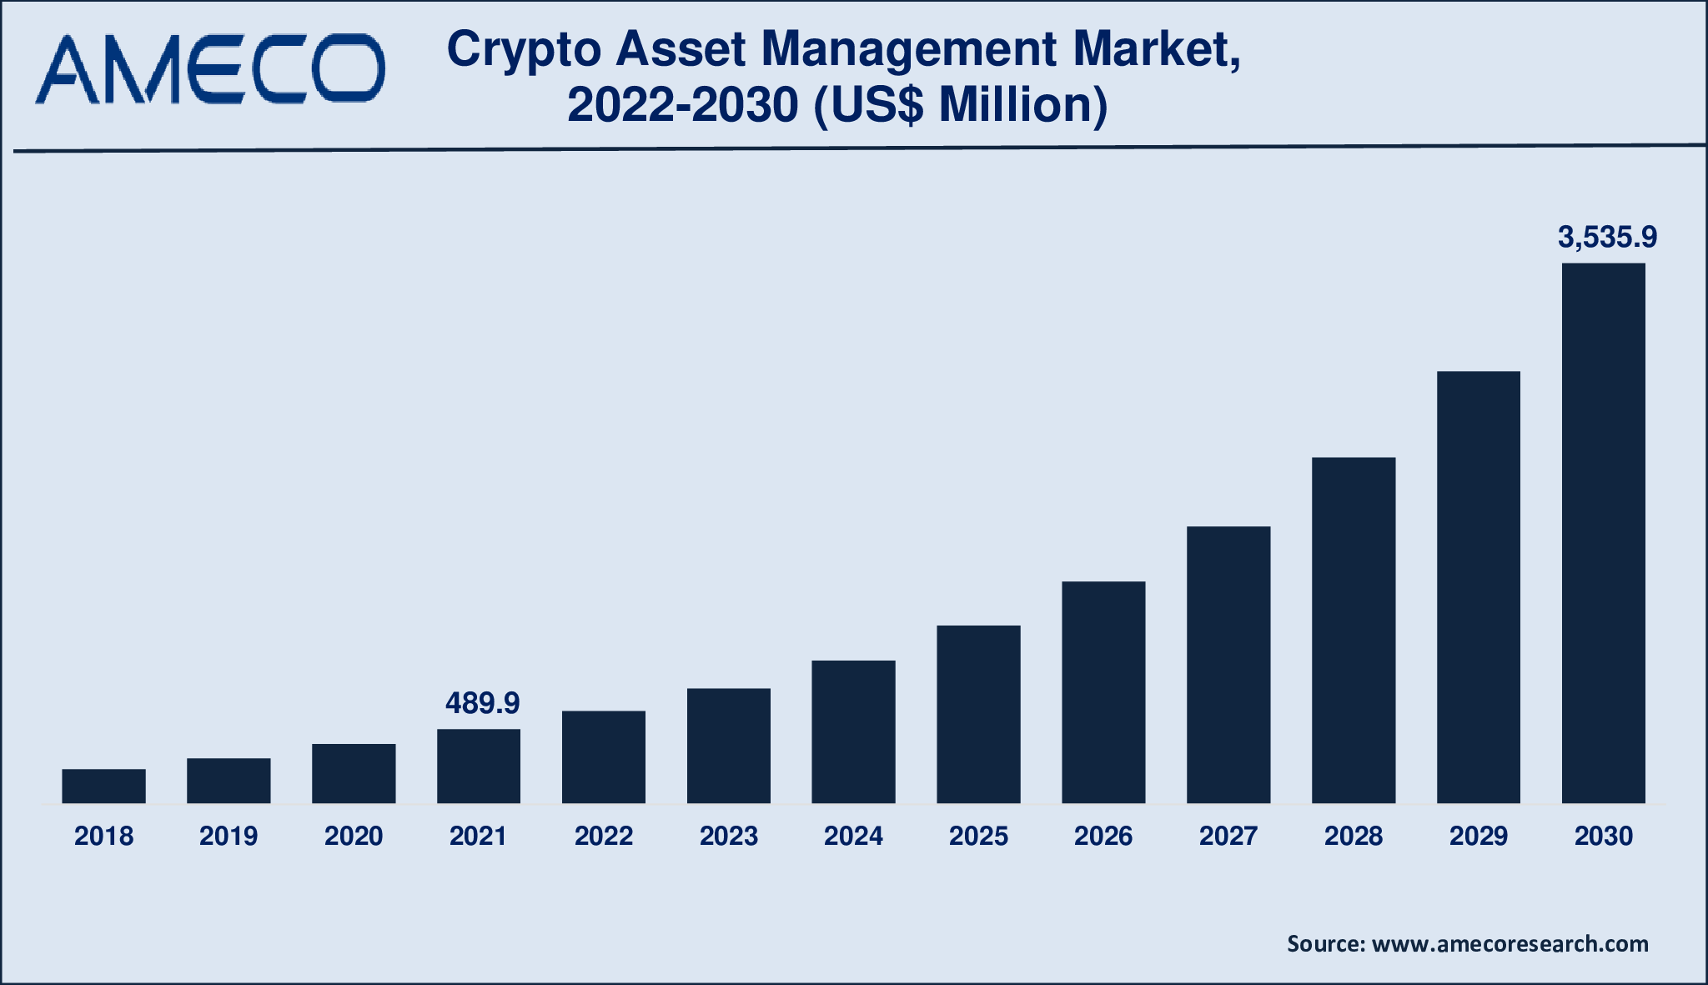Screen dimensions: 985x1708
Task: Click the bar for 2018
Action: tap(103, 786)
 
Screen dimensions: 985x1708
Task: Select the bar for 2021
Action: tap(479, 766)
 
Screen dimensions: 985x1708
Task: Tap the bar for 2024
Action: tap(853, 731)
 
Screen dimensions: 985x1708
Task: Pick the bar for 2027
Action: tap(1228, 664)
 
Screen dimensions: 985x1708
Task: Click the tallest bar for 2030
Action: tap(1603, 533)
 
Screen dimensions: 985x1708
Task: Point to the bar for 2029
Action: tap(1478, 586)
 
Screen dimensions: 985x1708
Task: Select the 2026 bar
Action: tap(1103, 691)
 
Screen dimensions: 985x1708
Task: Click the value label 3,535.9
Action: tap(1607, 238)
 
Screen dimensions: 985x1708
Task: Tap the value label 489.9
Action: tap(482, 703)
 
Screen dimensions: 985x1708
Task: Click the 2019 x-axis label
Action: tap(229, 836)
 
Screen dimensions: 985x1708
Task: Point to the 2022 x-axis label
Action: tap(604, 836)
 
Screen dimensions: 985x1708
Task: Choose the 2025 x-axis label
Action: tap(978, 836)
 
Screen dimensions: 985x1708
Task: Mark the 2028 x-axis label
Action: tap(1353, 836)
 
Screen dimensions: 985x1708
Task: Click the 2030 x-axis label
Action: tap(1603, 836)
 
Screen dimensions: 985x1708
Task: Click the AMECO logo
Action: tap(209, 69)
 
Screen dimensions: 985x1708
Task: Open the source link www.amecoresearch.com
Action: tap(1510, 943)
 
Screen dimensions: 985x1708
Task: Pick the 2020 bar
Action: tap(354, 772)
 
